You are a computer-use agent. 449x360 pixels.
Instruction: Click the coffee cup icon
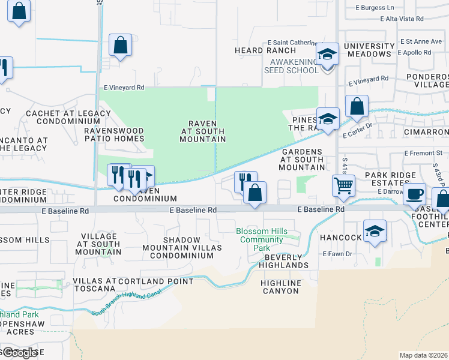414,194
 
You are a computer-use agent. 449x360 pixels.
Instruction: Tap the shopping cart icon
343,185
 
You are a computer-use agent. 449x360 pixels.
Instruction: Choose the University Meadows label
368,50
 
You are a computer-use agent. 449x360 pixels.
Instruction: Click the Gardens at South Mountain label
303,160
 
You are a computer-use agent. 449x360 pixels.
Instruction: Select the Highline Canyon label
280,287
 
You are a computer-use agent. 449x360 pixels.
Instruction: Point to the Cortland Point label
156,281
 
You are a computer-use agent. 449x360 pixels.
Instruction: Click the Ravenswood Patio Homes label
114,134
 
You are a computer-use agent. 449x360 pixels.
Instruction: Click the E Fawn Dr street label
336,254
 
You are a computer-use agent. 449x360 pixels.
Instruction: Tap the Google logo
19,353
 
